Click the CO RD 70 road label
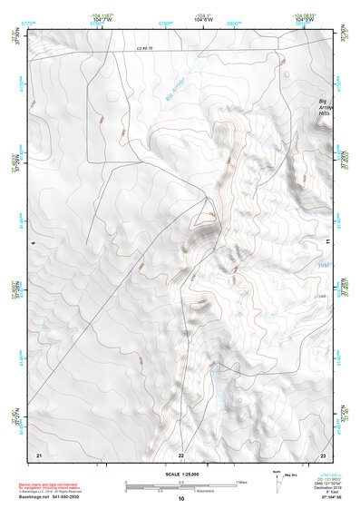(145, 47)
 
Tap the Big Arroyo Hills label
(326, 108)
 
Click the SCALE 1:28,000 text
(180, 475)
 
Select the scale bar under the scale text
(180, 485)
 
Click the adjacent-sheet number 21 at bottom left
(39, 454)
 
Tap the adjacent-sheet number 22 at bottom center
(180, 454)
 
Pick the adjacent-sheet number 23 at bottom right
(322, 454)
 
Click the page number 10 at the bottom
(180, 498)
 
